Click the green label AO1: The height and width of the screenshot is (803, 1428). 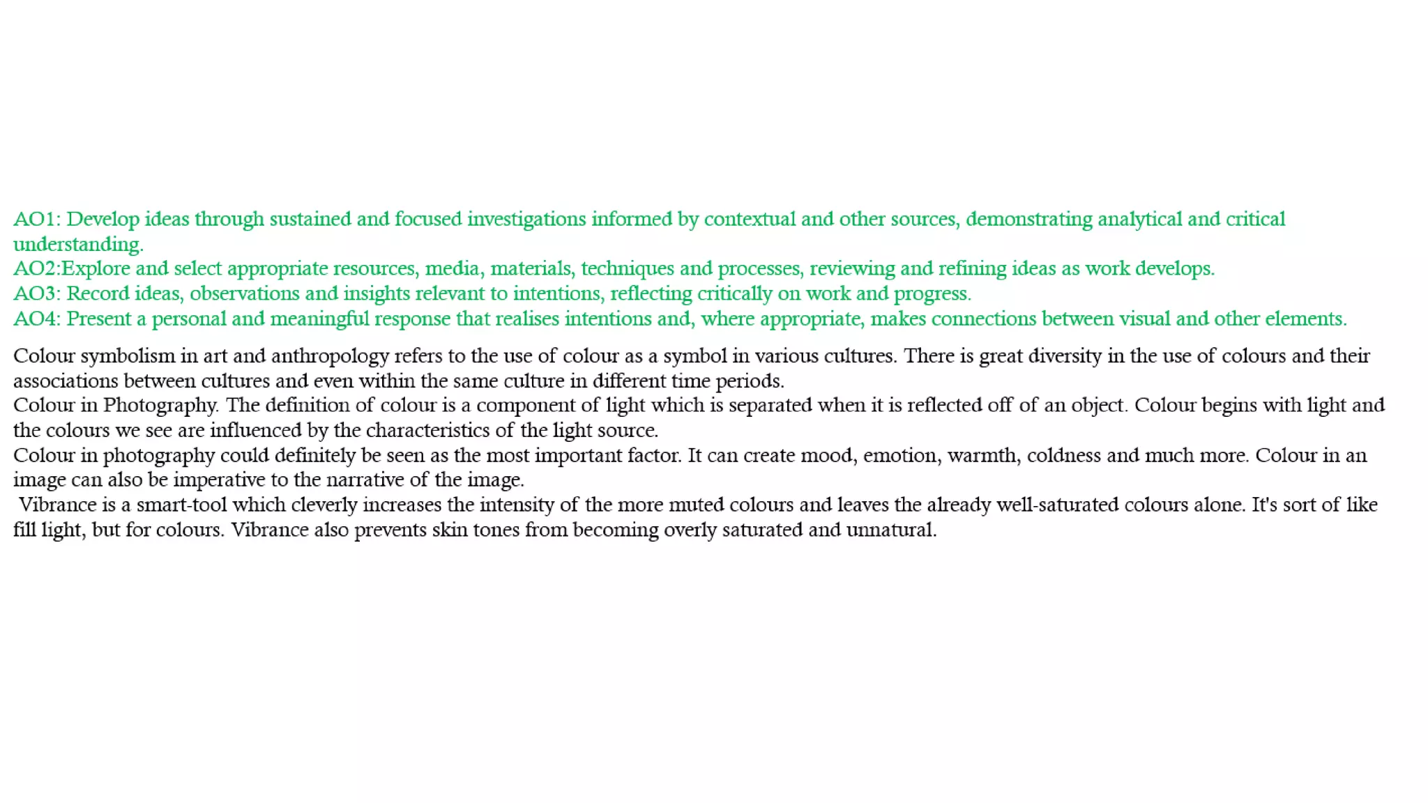click(x=37, y=220)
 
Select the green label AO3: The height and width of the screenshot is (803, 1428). click(x=37, y=294)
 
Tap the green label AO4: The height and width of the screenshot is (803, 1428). click(x=37, y=319)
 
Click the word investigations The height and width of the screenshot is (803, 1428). click(x=526, y=220)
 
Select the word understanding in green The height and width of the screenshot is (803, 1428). click(x=78, y=245)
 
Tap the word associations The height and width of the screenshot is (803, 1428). click(x=66, y=381)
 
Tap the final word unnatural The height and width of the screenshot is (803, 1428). click(x=891, y=530)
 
